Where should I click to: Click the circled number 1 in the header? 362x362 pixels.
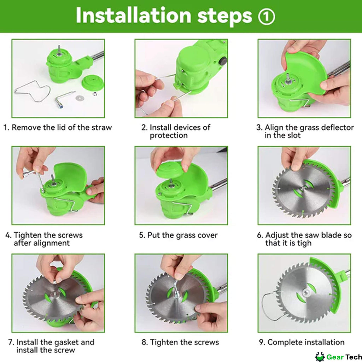(267, 17)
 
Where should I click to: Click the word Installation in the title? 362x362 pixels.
(133, 15)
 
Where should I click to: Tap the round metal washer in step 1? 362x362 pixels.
(80, 98)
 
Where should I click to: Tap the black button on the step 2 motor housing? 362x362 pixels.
(223, 62)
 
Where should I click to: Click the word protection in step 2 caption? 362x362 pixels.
(169, 135)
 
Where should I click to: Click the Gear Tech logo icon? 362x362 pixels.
(320, 357)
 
